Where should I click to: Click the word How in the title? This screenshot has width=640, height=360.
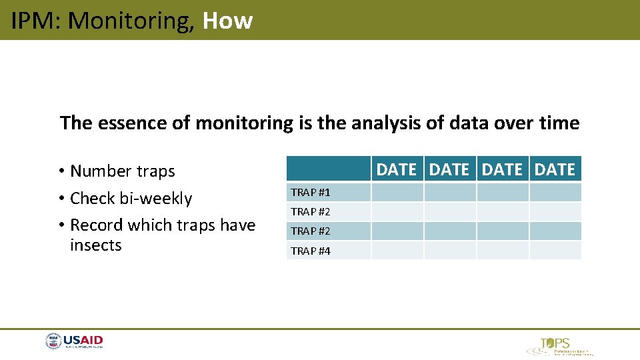point(227,21)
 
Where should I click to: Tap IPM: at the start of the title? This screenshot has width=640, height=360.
point(37,21)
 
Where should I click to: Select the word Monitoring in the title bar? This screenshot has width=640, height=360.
point(131,21)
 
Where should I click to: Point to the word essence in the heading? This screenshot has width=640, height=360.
point(123,123)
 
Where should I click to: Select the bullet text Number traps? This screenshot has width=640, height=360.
point(122,171)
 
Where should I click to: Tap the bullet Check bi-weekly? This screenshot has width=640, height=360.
point(131,199)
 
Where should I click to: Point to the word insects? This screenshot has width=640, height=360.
point(96,245)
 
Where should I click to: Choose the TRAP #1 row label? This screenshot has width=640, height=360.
point(310,193)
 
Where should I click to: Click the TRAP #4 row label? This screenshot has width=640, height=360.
point(310,251)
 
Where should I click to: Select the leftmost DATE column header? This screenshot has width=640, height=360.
point(397,169)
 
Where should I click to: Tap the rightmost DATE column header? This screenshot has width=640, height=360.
point(555,169)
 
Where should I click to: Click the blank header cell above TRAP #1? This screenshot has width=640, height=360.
point(329,169)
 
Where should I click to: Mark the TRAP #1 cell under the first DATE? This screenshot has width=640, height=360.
point(397,193)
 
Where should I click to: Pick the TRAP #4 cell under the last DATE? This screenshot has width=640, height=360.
point(555,251)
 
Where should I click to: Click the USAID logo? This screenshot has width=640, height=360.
point(75,341)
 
